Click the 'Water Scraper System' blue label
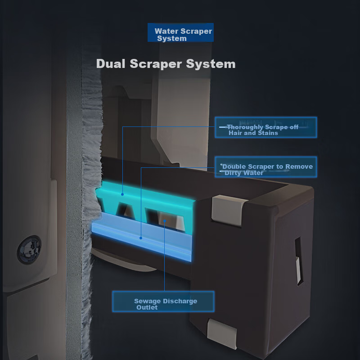[180, 32]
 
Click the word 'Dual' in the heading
[111, 63]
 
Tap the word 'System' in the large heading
[211, 64]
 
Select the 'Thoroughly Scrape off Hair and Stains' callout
[266, 127]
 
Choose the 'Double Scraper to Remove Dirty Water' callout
[266, 167]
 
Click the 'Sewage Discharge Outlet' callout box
[163, 301]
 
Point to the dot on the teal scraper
[122, 194]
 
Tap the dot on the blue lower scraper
[141, 238]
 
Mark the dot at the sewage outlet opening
[165, 221]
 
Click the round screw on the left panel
[29, 250]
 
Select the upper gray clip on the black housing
[228, 210]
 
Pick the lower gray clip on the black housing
[221, 333]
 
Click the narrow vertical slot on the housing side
[299, 261]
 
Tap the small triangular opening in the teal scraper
[126, 210]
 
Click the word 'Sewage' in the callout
[148, 301]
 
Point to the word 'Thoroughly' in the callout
[245, 127]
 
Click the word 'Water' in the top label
[166, 31]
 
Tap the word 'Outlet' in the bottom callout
[147, 307]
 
